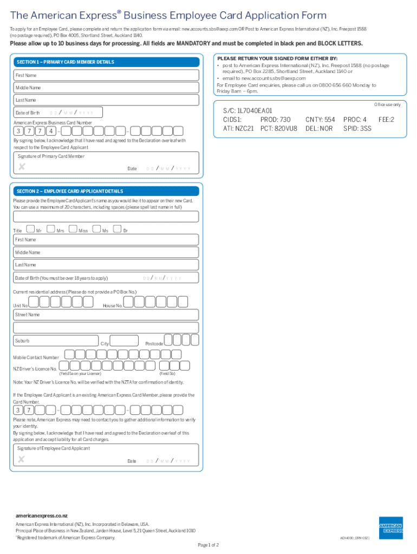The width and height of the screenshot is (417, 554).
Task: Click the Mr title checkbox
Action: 30,229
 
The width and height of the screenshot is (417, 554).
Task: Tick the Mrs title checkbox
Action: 51,229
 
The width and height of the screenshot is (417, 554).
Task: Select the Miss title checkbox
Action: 74,229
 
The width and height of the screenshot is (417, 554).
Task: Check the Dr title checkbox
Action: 119,229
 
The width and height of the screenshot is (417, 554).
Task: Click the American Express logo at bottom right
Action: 390,528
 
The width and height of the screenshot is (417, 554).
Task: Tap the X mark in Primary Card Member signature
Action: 22,167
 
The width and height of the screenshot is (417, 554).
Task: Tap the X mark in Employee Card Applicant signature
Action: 22,459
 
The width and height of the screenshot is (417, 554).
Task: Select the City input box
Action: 124,341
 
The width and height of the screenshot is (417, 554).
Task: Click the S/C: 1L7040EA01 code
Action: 247,110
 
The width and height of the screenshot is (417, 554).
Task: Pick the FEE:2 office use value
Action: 386,120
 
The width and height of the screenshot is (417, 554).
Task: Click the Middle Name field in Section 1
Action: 106,88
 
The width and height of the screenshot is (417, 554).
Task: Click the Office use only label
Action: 387,104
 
